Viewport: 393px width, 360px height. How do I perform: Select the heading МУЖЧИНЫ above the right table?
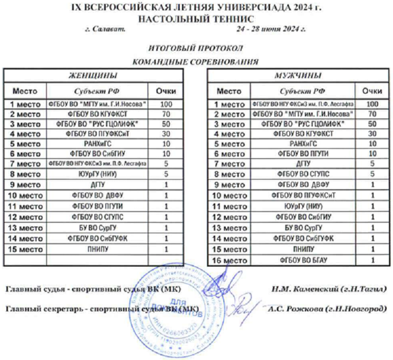(x=298, y=75)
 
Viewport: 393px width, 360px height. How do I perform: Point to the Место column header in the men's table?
(x=229, y=90)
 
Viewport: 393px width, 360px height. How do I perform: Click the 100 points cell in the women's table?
(x=166, y=104)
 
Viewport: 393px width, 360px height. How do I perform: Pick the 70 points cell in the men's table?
(x=373, y=114)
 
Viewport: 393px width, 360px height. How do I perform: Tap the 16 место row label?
(x=229, y=259)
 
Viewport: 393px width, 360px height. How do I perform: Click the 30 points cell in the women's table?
(x=166, y=133)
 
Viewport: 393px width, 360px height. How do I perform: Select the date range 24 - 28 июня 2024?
(x=271, y=29)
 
